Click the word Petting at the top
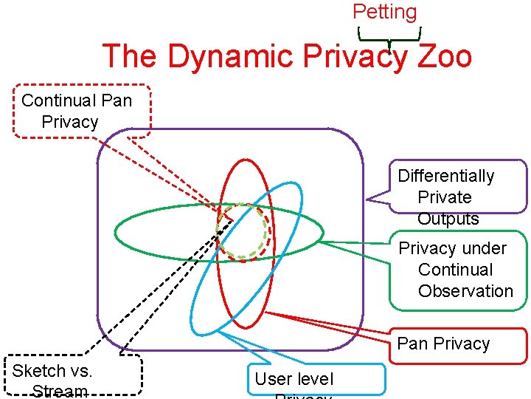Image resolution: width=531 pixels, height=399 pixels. (384, 12)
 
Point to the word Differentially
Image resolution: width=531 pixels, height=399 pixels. (445, 176)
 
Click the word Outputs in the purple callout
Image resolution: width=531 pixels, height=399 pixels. (448, 219)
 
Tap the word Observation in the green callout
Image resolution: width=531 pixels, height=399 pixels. (465, 291)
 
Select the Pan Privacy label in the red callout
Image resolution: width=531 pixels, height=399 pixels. (443, 344)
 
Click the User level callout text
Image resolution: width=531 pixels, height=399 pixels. (294, 380)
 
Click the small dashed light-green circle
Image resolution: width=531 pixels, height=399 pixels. (242, 231)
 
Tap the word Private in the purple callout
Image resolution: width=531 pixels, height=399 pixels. (444, 197)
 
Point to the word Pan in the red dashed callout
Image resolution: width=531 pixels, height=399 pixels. (116, 100)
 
